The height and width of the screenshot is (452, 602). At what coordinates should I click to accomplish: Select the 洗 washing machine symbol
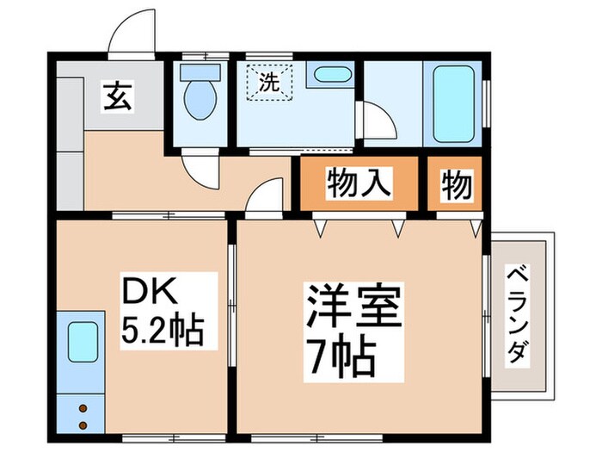[x=269, y=84]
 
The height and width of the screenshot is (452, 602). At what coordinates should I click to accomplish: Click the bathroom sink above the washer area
[x=329, y=73]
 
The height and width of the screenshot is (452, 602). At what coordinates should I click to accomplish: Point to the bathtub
[x=453, y=104]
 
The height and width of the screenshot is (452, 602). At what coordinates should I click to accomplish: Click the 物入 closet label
[x=359, y=184]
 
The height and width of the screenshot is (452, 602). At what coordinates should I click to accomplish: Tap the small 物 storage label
[x=457, y=184]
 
